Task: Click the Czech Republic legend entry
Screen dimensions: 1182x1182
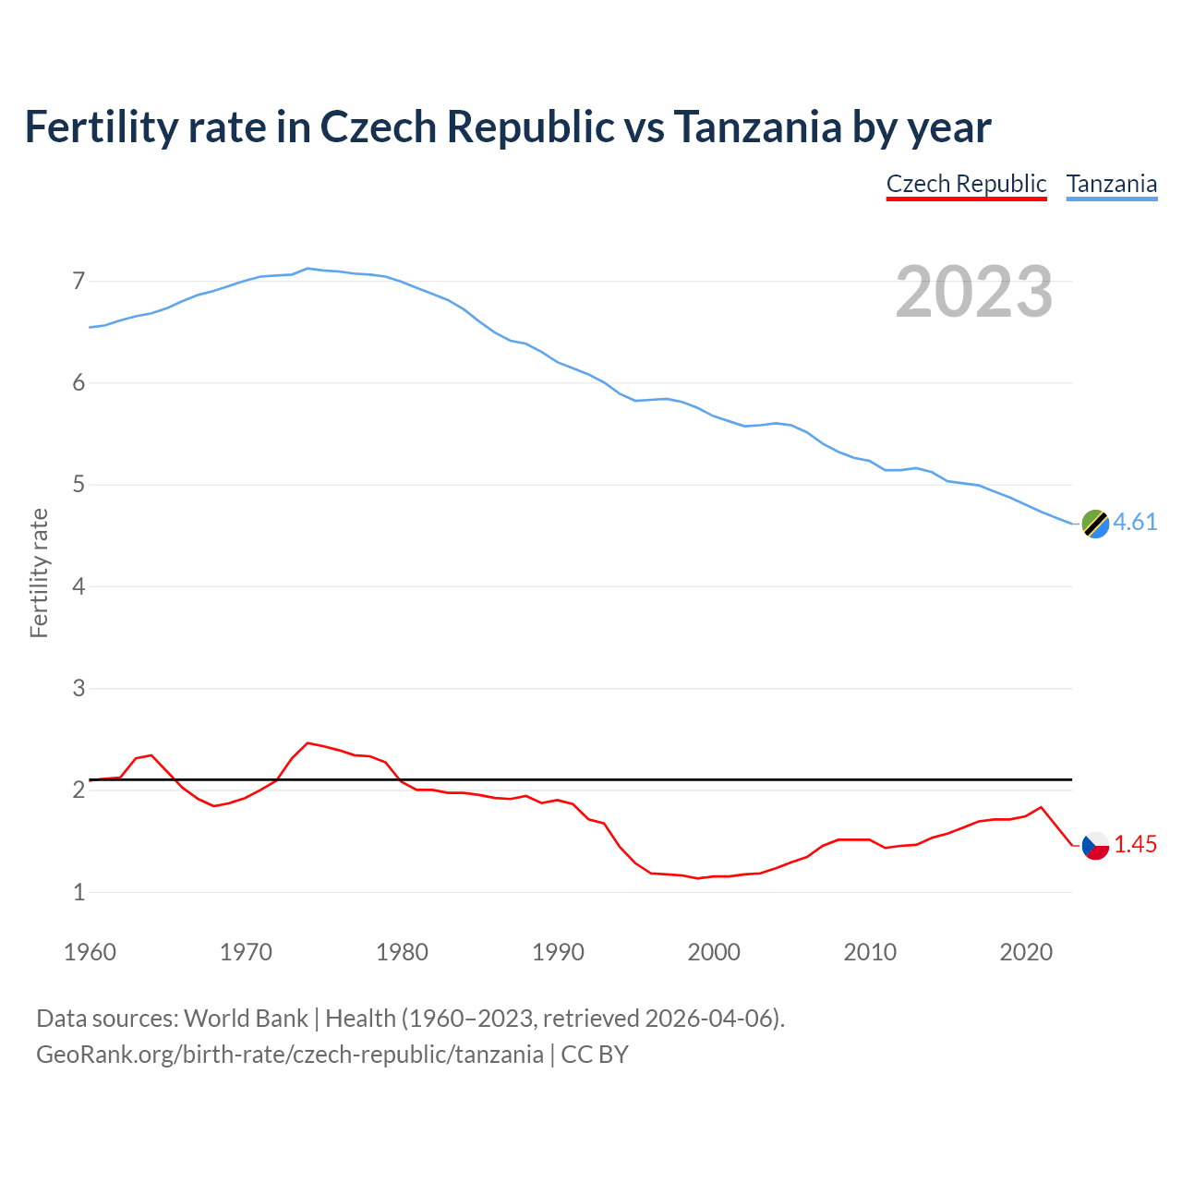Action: click(x=966, y=184)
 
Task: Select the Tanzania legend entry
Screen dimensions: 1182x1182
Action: click(x=1112, y=184)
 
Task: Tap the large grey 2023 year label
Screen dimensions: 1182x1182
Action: click(x=973, y=292)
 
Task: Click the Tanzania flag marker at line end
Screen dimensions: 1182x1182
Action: click(x=1095, y=523)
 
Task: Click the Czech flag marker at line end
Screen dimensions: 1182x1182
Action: click(x=1095, y=845)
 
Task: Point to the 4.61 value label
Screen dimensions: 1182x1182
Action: click(x=1135, y=522)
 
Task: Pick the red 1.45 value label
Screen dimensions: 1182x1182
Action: click(x=1135, y=844)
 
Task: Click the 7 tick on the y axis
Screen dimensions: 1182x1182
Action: click(x=78, y=281)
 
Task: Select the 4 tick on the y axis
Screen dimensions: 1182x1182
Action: click(x=78, y=586)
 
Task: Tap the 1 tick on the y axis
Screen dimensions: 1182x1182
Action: click(x=78, y=892)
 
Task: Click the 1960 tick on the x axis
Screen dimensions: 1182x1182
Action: click(x=90, y=952)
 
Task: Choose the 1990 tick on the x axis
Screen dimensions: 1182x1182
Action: click(x=558, y=952)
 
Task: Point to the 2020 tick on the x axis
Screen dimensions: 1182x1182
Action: click(x=1026, y=952)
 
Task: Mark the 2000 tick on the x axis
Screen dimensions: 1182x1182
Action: click(x=714, y=952)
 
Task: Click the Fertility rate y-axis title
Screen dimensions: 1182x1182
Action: click(x=39, y=573)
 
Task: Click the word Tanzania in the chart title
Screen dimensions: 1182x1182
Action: click(x=756, y=127)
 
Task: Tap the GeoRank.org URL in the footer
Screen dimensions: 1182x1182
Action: click(x=289, y=1055)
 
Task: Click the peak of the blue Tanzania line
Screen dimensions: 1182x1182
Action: click(x=308, y=268)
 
